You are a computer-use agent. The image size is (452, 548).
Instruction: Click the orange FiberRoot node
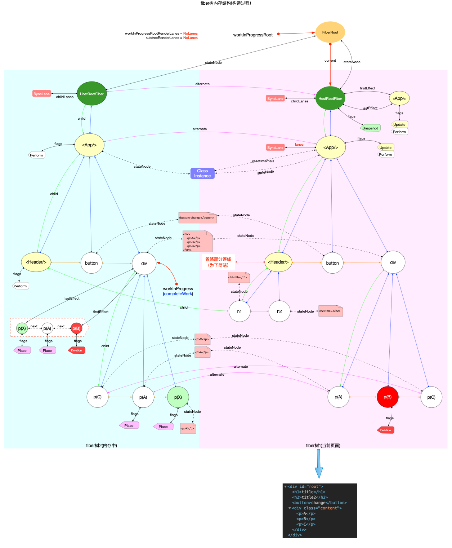(x=330, y=32)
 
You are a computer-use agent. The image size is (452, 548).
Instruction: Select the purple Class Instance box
(x=202, y=173)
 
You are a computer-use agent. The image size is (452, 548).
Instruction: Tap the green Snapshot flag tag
(x=370, y=128)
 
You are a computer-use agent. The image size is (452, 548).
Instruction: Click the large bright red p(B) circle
(x=388, y=397)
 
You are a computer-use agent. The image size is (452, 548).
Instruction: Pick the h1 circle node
(x=240, y=311)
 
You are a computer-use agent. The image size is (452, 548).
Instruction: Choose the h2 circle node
(x=279, y=311)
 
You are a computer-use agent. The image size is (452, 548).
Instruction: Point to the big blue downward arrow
(x=319, y=464)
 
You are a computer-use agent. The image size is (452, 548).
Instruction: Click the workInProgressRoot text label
(x=253, y=35)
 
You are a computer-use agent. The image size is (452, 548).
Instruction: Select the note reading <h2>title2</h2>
(x=330, y=311)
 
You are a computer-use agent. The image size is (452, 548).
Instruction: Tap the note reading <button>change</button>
(x=197, y=218)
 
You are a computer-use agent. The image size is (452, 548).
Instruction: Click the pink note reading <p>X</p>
(x=188, y=428)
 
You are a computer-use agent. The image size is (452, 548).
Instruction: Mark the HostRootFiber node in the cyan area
(x=92, y=94)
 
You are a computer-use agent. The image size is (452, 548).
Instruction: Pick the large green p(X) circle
(x=178, y=397)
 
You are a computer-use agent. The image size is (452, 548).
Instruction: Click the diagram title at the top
(x=226, y=3)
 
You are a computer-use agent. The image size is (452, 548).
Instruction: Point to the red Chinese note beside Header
(x=218, y=262)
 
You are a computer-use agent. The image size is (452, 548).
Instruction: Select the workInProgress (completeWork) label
(x=178, y=291)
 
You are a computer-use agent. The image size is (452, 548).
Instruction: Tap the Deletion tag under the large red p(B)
(x=386, y=430)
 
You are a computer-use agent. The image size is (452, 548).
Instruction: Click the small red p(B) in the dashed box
(x=76, y=328)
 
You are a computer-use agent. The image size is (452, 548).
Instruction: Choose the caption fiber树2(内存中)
(x=102, y=446)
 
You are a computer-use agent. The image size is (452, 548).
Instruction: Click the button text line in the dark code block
(x=319, y=503)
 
